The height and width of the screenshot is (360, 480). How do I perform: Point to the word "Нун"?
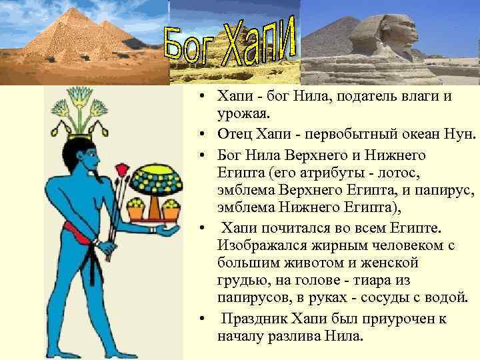coord(458,137)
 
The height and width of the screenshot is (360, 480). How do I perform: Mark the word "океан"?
coord(414,137)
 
